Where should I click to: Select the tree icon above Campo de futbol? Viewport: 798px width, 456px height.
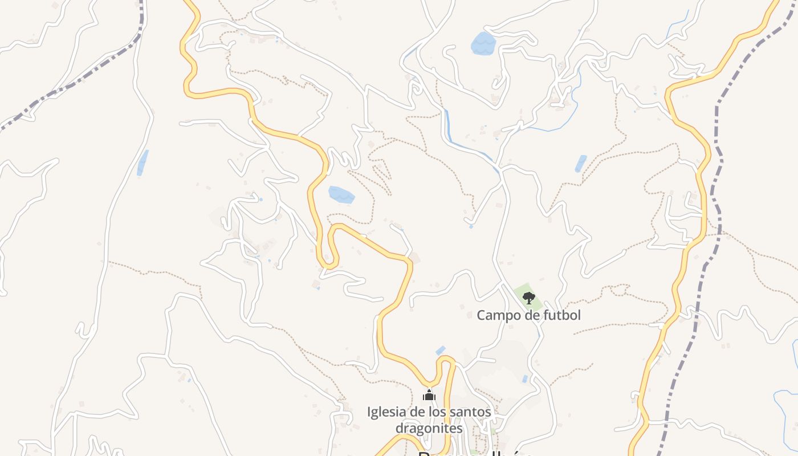pyautogui.click(x=529, y=298)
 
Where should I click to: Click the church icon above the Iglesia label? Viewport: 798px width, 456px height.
pyautogui.click(x=429, y=395)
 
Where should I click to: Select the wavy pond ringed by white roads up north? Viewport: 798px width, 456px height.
pyautogui.click(x=483, y=43)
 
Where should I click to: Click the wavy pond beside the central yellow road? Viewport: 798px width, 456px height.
pyautogui.click(x=341, y=195)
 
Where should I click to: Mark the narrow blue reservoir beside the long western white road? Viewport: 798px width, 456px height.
pyautogui.click(x=142, y=162)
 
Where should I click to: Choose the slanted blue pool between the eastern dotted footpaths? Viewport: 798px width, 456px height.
pyautogui.click(x=581, y=164)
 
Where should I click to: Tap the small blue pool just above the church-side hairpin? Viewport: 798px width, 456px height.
pyautogui.click(x=440, y=350)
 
